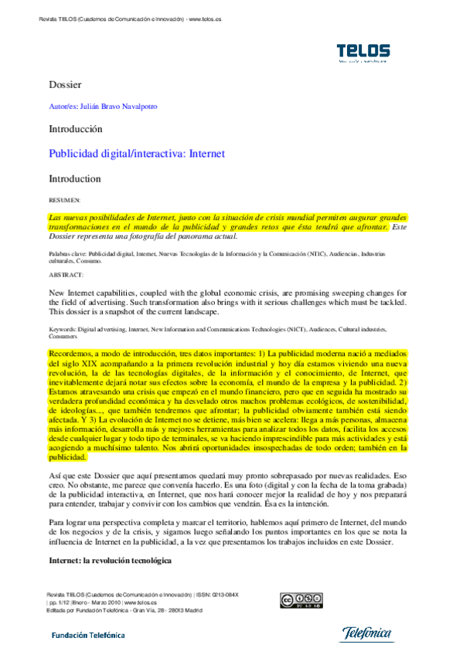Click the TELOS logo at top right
[x=363, y=53]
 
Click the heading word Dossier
[x=65, y=83]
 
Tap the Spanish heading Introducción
[x=75, y=129]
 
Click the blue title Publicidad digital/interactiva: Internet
[x=137, y=154]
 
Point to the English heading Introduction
[x=75, y=178]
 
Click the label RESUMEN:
[x=64, y=200]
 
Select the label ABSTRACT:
[x=66, y=274]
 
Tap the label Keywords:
[x=63, y=329]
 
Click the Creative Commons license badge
[x=301, y=600]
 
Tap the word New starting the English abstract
[x=58, y=294]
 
